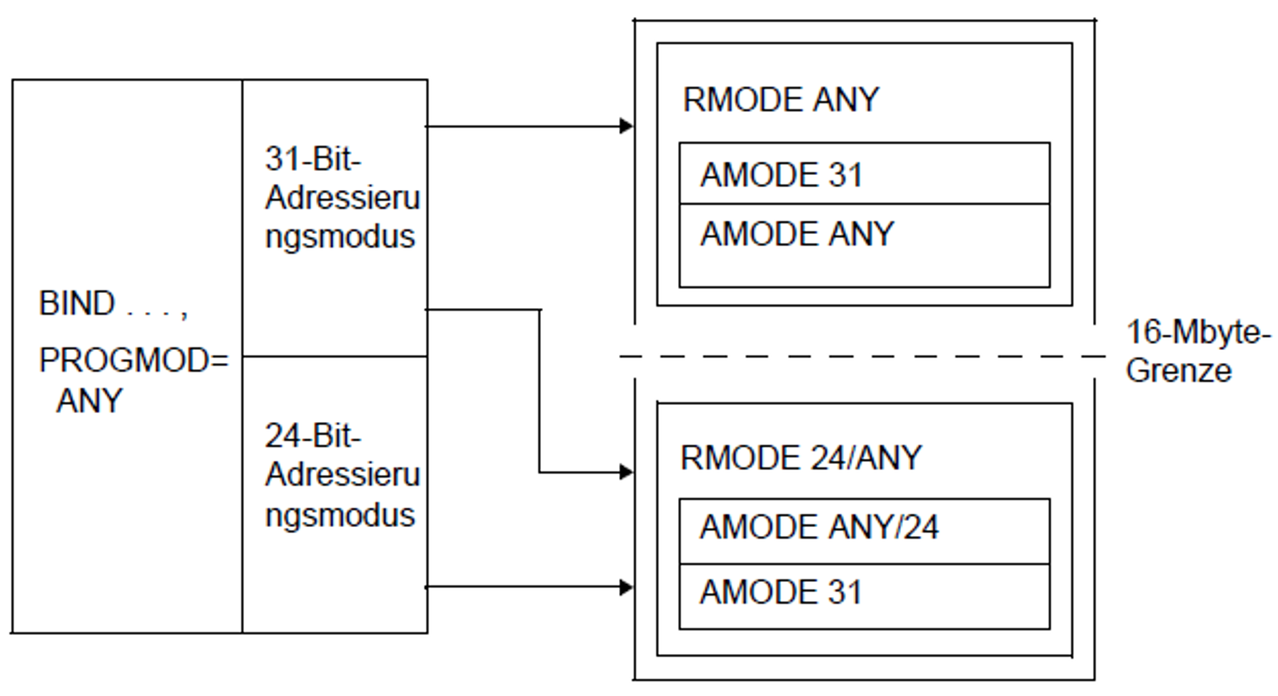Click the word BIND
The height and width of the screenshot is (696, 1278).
click(x=77, y=303)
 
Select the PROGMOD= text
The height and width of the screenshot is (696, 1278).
click(x=134, y=360)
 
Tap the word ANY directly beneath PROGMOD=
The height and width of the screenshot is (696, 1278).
click(x=89, y=400)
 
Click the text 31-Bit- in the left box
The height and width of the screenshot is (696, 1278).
click(x=313, y=159)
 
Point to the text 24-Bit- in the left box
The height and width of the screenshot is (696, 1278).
click(x=313, y=436)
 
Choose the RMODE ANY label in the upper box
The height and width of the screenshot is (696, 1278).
click(x=780, y=100)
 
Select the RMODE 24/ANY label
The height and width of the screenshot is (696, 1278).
click(x=801, y=458)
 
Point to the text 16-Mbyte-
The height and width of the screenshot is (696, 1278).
click(x=1198, y=332)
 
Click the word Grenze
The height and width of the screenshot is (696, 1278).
click(x=1178, y=370)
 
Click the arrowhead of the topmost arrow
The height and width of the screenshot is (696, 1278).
click(x=626, y=126)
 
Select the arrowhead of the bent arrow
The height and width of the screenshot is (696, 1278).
click(x=626, y=472)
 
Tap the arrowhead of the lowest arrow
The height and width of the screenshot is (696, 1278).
click(x=626, y=587)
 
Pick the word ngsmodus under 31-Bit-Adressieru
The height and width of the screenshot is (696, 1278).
click(x=340, y=237)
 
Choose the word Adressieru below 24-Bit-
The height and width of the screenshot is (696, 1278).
click(x=342, y=474)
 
